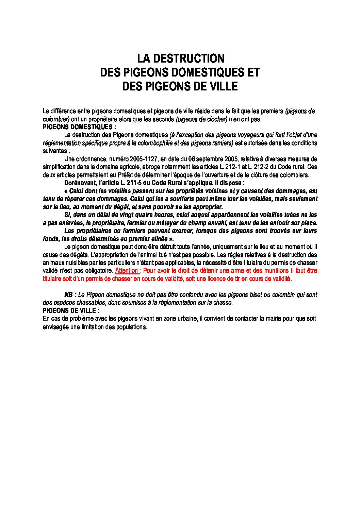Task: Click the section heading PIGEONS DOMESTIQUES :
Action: [x=79, y=127]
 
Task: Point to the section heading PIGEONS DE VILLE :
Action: [x=71, y=310]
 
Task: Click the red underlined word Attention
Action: [x=127, y=271]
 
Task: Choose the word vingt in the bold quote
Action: [x=125, y=215]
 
